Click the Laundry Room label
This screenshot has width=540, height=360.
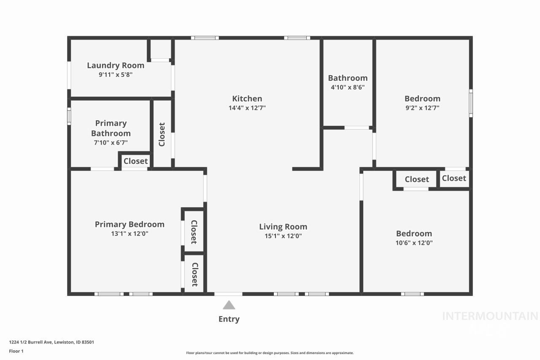tap(116, 65)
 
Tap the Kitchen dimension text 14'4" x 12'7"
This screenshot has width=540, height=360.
tap(247, 108)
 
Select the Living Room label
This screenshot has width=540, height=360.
tap(283, 227)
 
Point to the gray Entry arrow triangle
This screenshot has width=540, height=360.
tap(229, 305)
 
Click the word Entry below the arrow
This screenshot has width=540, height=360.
tap(229, 319)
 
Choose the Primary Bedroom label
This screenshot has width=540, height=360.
tap(130, 224)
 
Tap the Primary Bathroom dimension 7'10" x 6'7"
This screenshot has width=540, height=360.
tap(111, 143)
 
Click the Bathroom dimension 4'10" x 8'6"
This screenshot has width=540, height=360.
tap(348, 87)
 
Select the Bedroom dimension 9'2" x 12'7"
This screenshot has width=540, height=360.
tap(422, 108)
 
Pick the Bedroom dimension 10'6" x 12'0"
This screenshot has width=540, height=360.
tap(414, 243)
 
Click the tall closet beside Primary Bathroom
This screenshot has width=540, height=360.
tap(162, 134)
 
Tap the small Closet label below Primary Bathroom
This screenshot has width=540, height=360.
tap(135, 161)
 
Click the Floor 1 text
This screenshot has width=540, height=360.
tap(16, 351)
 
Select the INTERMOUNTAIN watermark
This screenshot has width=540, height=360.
tap(490, 316)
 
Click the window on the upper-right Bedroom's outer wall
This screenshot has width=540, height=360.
tap(471, 103)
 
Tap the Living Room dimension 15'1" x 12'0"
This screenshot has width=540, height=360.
tap(283, 236)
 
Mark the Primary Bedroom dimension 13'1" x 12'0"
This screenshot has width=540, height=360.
tap(130, 233)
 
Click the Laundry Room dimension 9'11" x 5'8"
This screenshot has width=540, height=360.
tap(116, 75)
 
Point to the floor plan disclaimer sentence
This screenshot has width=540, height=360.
tap(270, 353)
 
